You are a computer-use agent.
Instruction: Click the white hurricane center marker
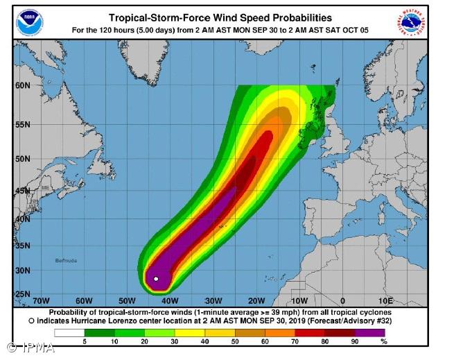tap(157, 279)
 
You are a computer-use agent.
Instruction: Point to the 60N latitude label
tap(23, 85)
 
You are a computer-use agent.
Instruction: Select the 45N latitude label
tap(23, 191)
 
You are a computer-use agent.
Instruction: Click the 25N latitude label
tap(23, 294)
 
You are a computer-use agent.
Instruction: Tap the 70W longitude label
tap(41, 301)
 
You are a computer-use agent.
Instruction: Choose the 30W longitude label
tap(213, 301)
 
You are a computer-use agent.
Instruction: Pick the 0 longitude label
tap(342, 301)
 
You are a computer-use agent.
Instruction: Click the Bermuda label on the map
tap(66, 261)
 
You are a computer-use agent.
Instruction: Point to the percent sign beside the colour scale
tap(384, 341)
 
